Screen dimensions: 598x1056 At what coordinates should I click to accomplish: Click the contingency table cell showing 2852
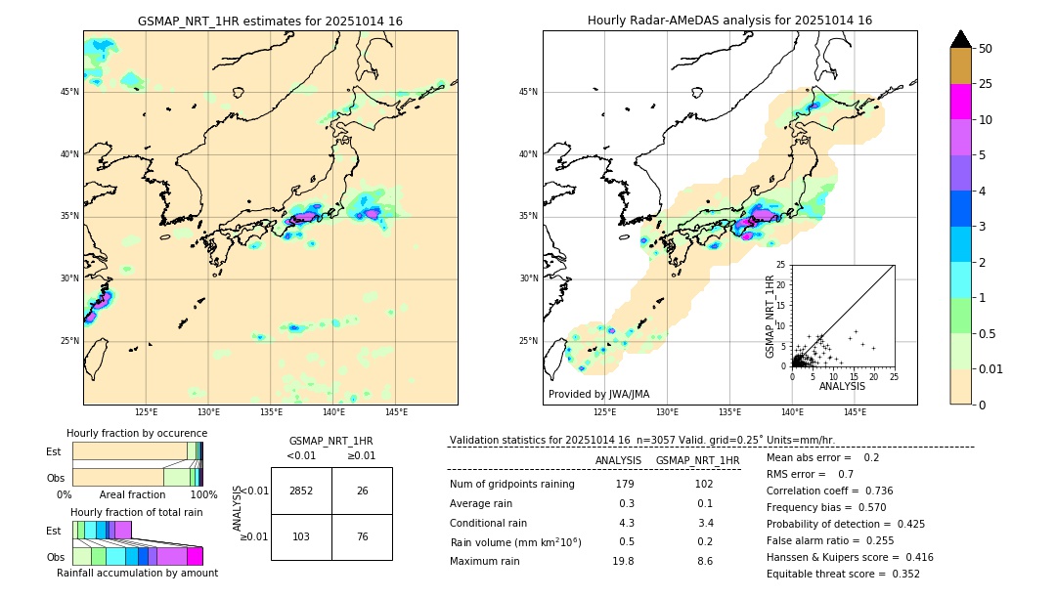point(301,491)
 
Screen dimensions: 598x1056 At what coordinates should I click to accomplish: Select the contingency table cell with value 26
point(362,491)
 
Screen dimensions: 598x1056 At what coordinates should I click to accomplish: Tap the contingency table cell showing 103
point(301,536)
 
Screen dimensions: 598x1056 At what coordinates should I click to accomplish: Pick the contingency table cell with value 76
point(362,536)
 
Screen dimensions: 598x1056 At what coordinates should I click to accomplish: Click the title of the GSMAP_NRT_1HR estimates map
point(270,21)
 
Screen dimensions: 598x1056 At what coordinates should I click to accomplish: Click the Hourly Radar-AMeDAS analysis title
point(729,21)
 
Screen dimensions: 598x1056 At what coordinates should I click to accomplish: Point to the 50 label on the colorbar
point(986,49)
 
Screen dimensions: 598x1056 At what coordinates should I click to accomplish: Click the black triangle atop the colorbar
point(961,39)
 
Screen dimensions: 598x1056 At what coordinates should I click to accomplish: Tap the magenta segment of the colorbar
point(961,102)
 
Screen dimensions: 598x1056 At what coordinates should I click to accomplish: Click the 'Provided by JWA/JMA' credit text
point(598,394)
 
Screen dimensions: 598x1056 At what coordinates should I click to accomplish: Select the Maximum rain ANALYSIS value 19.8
point(623,561)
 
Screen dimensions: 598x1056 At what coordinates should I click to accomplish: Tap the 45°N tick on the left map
point(68,92)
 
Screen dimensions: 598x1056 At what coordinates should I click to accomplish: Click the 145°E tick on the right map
point(855,413)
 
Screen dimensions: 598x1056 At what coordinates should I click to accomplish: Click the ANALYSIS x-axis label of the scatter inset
point(842,386)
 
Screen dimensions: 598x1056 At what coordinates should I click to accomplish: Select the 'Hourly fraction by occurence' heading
point(137,433)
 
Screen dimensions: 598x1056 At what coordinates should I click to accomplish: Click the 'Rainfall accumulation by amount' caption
point(137,573)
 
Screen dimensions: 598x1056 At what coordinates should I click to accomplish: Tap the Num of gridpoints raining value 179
point(625,484)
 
